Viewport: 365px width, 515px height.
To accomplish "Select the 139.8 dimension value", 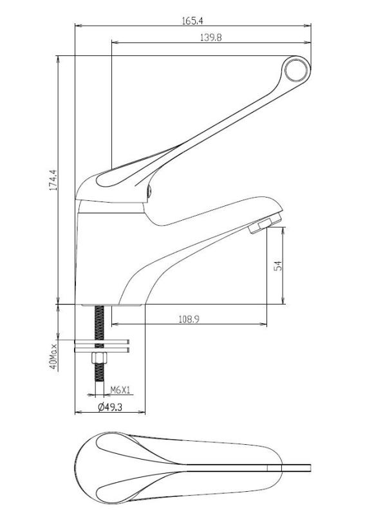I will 211,38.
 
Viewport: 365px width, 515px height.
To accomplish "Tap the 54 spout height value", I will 278,265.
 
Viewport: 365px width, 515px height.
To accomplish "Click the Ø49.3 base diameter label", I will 110,407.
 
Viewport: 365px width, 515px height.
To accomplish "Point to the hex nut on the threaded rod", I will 99,359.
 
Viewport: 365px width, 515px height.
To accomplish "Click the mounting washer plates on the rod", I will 102,346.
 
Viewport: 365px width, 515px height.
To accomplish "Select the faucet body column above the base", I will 97,251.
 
